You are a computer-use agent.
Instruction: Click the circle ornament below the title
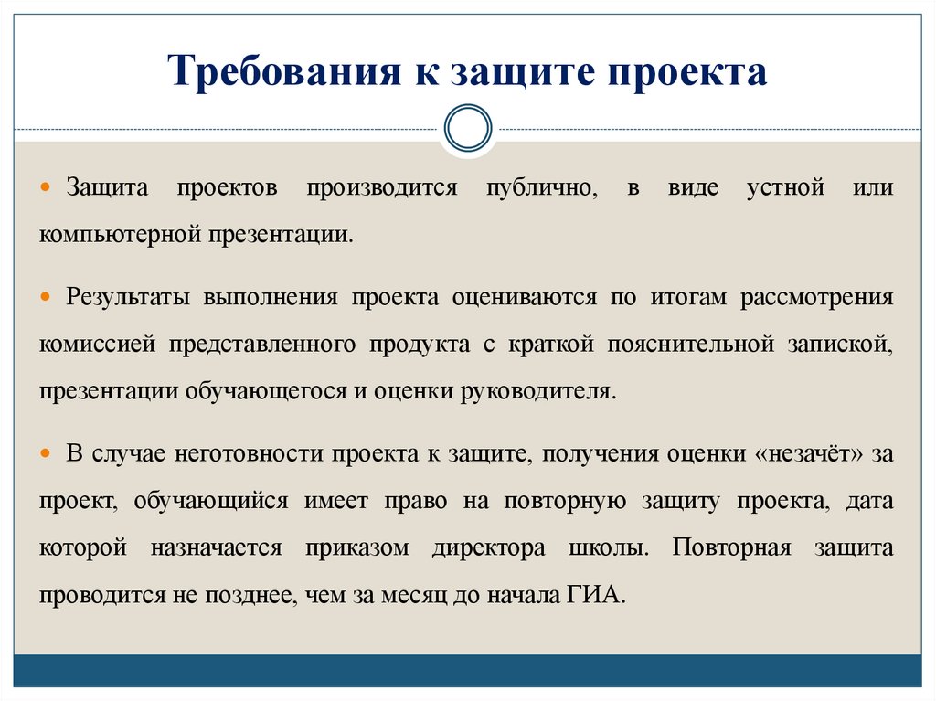467,127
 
